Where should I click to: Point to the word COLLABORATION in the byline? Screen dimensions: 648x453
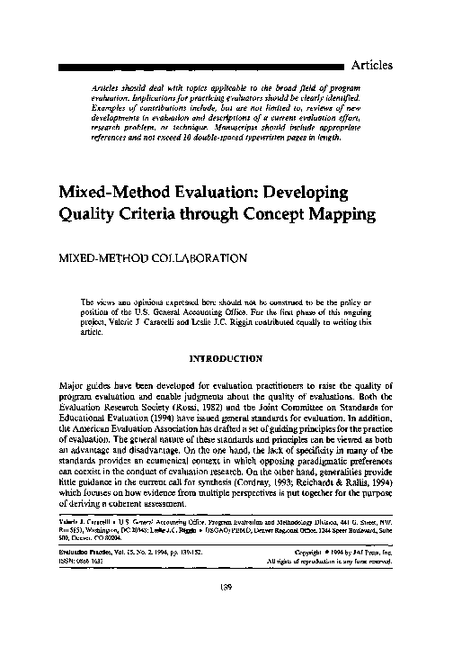[182, 257]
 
